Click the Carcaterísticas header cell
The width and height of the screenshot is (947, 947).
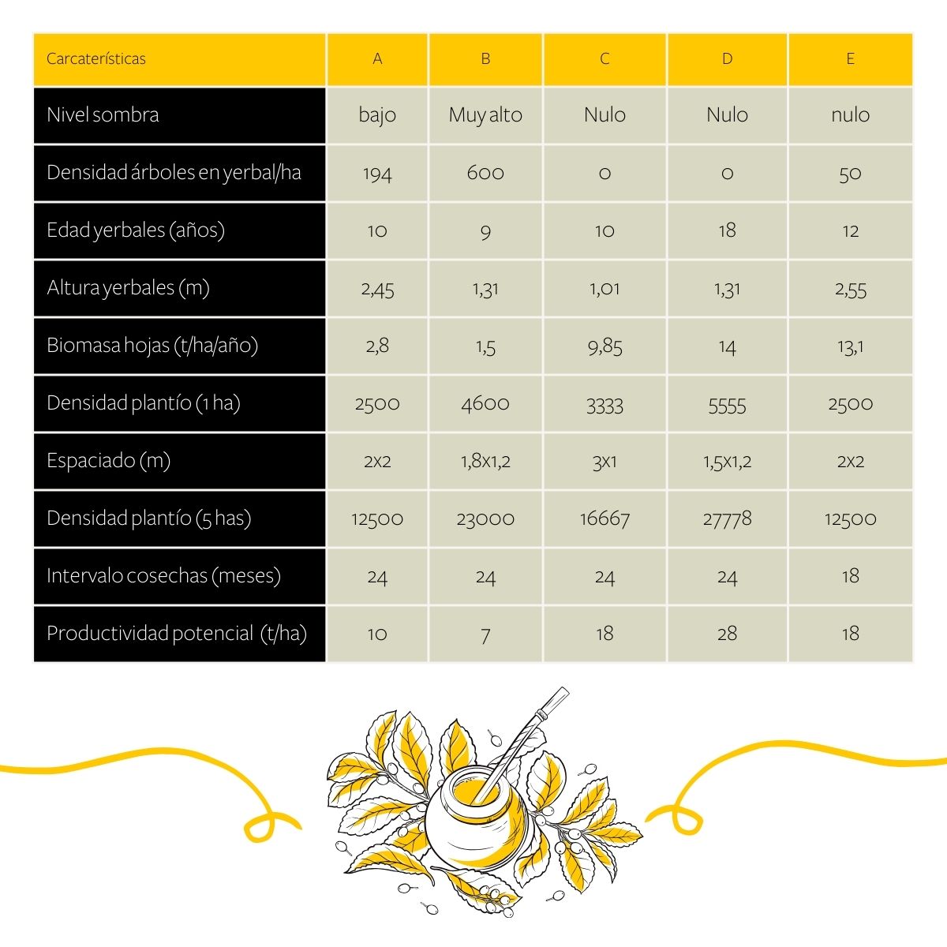[x=96, y=59]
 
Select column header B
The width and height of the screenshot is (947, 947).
[x=485, y=59]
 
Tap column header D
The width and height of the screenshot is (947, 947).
[x=727, y=59]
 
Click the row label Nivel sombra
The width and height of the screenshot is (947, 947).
[x=103, y=115]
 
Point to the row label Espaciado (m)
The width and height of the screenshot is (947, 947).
[x=109, y=461]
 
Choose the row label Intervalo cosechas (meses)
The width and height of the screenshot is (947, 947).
[x=163, y=576]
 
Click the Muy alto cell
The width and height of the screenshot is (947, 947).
[x=485, y=115]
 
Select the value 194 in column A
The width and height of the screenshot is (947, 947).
[x=377, y=174]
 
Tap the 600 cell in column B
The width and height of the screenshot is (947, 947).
[x=485, y=174]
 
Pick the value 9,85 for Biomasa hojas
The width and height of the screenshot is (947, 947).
[x=605, y=346]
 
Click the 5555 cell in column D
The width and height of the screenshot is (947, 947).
[x=727, y=404]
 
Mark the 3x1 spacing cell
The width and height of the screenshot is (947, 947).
[x=605, y=462]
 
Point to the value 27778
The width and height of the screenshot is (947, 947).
[x=727, y=519]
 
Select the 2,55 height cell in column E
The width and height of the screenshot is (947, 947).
[x=850, y=289]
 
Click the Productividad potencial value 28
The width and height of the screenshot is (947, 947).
[x=727, y=634]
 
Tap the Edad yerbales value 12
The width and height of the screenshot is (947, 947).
[x=850, y=231]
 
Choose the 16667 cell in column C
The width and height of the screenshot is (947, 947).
[x=605, y=519]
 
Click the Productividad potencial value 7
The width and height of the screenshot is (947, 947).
[x=485, y=634]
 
